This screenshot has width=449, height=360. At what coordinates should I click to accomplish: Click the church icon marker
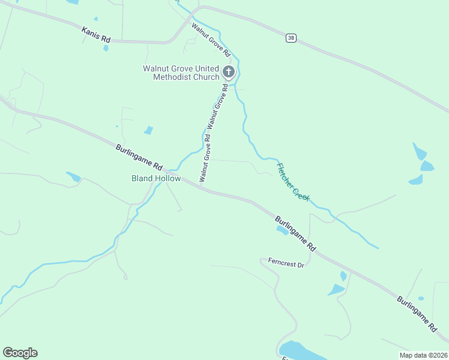point(228,72)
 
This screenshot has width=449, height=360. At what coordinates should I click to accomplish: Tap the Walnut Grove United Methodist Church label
point(181,73)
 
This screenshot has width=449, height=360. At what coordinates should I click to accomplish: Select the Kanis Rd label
point(97,34)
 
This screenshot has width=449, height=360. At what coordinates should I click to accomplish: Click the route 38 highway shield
point(291,37)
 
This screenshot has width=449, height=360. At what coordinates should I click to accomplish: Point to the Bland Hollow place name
point(156,179)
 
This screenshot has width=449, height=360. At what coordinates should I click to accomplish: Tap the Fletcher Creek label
point(293,182)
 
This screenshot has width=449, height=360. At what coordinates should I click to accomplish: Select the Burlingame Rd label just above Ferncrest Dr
point(295,233)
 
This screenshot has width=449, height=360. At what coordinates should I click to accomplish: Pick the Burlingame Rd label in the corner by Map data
point(417,313)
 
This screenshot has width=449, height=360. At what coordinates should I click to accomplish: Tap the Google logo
point(20,353)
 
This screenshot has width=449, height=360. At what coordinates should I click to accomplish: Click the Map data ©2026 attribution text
point(423,355)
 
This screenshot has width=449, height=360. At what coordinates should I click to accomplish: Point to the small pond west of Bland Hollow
point(74,176)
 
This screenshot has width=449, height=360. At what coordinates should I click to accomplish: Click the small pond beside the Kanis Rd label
point(106,47)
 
